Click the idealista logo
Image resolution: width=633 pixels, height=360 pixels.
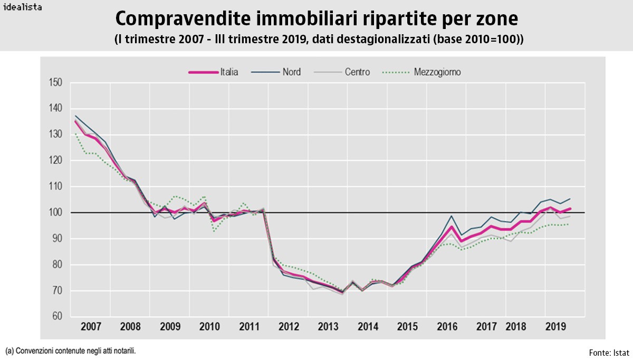(23, 7)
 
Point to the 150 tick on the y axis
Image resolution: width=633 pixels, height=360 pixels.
(55, 82)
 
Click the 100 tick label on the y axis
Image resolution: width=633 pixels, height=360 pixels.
(55, 212)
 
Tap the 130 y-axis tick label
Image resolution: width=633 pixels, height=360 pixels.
(55, 134)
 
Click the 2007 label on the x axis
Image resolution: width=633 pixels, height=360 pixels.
(91, 327)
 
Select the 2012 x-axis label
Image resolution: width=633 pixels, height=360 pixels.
(288, 327)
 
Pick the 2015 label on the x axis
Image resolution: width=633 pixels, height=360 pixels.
(407, 327)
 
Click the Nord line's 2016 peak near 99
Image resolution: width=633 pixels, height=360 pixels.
(452, 216)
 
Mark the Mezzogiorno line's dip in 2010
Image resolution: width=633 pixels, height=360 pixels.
(214, 231)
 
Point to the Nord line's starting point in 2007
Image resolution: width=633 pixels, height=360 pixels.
(75, 115)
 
